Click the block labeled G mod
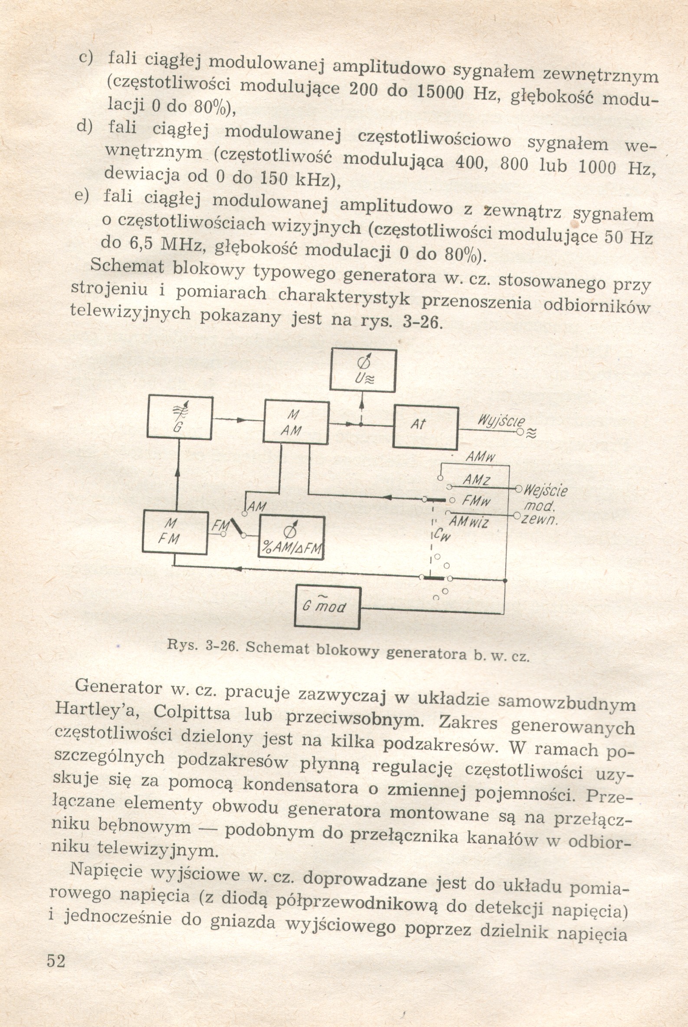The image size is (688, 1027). click(x=327, y=607)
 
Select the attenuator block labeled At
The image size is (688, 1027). click(x=426, y=427)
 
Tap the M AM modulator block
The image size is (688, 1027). click(x=295, y=422)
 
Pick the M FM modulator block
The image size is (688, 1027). click(x=175, y=532)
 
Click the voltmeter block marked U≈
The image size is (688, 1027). click(x=363, y=370)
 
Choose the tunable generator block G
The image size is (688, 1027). click(x=180, y=417)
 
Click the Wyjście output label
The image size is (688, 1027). click(x=501, y=421)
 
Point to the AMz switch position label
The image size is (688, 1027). click(x=477, y=480)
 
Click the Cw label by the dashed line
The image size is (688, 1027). click(x=443, y=535)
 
